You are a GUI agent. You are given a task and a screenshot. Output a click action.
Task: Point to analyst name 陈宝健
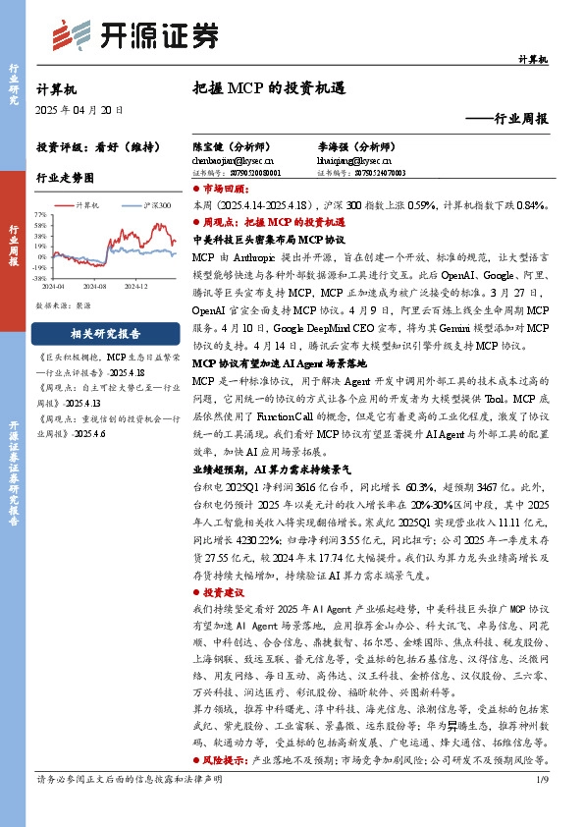(x=208, y=144)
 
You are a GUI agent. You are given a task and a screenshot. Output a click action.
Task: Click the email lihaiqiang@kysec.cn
(x=353, y=159)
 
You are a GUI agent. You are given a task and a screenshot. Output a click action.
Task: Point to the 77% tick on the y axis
(x=40, y=213)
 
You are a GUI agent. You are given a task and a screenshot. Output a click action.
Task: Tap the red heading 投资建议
(x=225, y=595)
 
